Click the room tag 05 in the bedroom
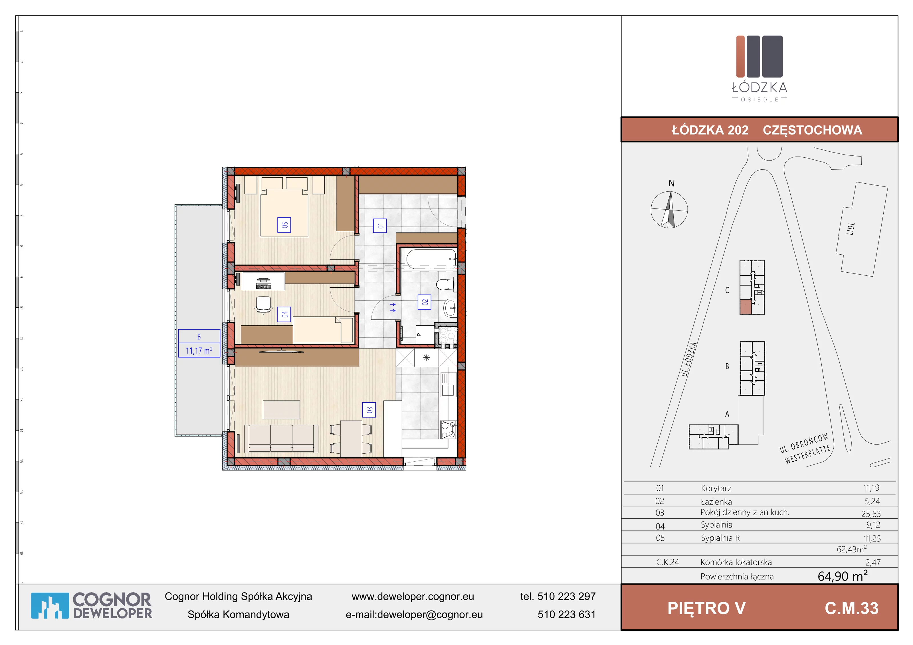point(284,225)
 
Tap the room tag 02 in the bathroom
point(424,302)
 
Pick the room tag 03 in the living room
point(369,410)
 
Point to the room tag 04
point(284,314)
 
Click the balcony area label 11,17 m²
point(199,350)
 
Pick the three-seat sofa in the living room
point(281,438)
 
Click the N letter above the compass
point(671,183)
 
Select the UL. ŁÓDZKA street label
point(689,359)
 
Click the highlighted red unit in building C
point(746,307)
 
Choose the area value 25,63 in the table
point(871,514)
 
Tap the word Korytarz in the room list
point(716,488)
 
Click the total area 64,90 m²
point(843,576)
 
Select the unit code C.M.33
point(852,609)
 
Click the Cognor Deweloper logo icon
point(50,606)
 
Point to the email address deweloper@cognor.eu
point(429,614)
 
